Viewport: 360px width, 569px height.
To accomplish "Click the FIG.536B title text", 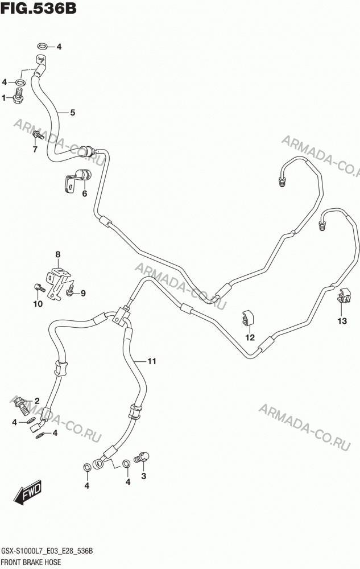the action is [39, 8].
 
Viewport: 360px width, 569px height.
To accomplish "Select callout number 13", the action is [342, 321].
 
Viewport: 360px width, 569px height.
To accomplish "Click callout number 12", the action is [250, 337].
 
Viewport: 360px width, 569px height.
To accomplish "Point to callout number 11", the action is [151, 361].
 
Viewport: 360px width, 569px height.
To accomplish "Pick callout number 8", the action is [58, 255].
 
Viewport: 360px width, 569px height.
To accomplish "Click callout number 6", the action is [85, 193].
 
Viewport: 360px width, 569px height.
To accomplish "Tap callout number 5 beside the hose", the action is [72, 113].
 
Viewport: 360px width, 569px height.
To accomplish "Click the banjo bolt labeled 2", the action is [22, 406].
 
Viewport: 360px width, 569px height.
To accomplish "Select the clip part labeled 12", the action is [248, 318].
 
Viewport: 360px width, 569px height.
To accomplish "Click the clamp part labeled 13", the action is [343, 295].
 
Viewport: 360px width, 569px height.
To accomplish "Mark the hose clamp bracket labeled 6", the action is [77, 179].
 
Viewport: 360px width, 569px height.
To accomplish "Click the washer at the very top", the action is [42, 46].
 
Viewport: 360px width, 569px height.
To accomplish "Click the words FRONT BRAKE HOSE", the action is [31, 563].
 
